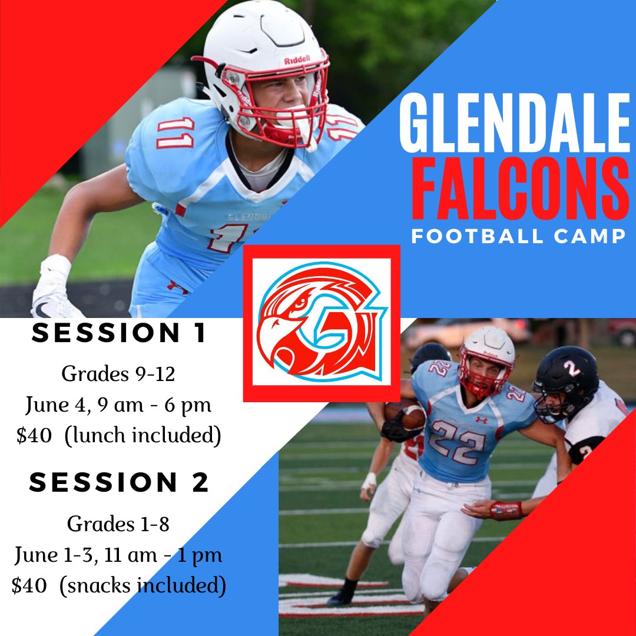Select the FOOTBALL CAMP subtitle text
pos(518,237)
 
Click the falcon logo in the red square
pos(321,323)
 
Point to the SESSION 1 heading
pos(120,334)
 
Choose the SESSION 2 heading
pos(120,483)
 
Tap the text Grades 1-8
pos(118,523)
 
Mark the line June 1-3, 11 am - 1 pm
pos(118,555)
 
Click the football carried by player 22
pos(406,414)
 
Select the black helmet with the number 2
pos(565,377)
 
